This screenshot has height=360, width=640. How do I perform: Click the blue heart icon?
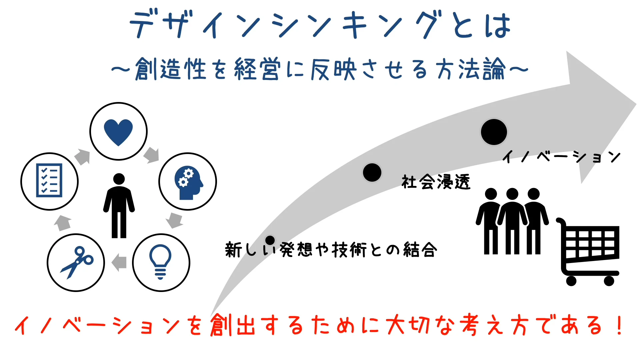(118, 132)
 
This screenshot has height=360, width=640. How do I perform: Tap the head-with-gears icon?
(188, 183)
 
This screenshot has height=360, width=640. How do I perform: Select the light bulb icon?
(160, 262)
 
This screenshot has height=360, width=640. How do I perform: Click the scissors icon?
(77, 262)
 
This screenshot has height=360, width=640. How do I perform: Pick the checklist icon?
(49, 180)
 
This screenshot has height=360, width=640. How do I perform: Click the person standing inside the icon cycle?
(119, 206)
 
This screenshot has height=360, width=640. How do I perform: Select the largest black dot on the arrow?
(494, 132)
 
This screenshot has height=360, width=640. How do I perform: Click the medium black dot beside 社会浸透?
(372, 173)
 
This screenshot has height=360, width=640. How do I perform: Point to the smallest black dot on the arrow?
(270, 240)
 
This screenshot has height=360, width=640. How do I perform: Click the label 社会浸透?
(436, 182)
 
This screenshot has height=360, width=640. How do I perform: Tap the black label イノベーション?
(562, 157)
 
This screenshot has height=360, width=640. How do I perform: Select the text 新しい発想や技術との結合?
(331, 250)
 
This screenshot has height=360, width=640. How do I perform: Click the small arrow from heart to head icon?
(152, 155)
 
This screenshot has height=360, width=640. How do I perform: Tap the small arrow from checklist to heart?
(82, 157)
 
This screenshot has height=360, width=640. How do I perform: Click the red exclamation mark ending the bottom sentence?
(620, 325)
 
